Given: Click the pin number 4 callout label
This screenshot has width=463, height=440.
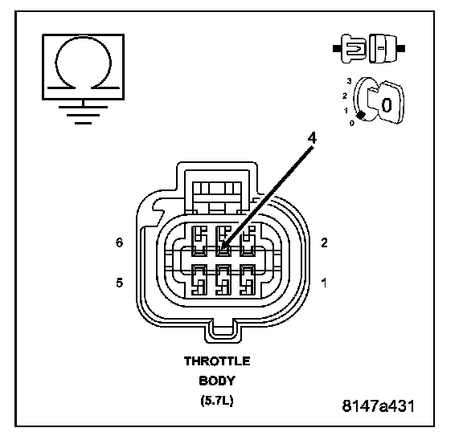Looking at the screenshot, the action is click(312, 138).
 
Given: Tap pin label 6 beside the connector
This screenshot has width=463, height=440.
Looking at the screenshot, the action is click(119, 242).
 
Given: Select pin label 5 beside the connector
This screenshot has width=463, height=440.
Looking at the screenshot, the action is click(119, 283).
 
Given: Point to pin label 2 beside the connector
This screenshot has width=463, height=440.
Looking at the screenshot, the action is click(324, 242).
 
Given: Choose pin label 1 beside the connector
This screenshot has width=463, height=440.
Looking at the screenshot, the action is click(324, 283).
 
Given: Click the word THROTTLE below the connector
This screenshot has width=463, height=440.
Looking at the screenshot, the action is click(217, 361).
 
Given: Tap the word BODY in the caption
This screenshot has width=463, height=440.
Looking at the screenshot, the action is click(217, 381).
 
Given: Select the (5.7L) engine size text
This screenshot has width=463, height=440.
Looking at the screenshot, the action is click(217, 401).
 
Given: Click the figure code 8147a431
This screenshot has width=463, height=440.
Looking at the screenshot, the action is click(379, 405).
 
